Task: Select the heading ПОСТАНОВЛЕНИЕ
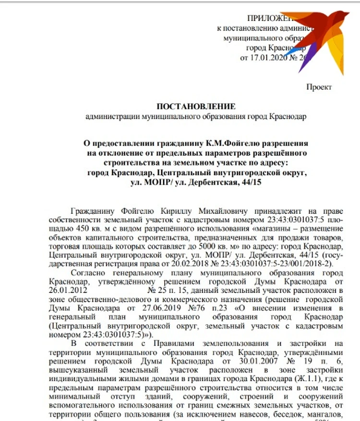coord(196,106)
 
